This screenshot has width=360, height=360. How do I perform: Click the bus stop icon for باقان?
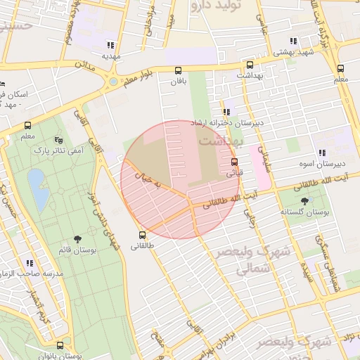[x=178, y=70]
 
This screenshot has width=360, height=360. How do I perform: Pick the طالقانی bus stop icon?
[x=142, y=235]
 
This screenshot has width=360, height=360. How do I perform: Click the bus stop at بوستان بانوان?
[x=60, y=346]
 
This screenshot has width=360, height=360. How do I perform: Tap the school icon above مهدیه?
[x=110, y=44]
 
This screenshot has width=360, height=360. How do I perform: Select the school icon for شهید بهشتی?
[x=292, y=41]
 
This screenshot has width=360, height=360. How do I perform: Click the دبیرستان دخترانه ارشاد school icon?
[x=226, y=112]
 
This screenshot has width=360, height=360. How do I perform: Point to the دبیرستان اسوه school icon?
[x=321, y=153]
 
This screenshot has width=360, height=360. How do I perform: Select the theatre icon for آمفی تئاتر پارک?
[x=58, y=139]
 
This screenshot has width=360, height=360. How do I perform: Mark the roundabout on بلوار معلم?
[x=112, y=82]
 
